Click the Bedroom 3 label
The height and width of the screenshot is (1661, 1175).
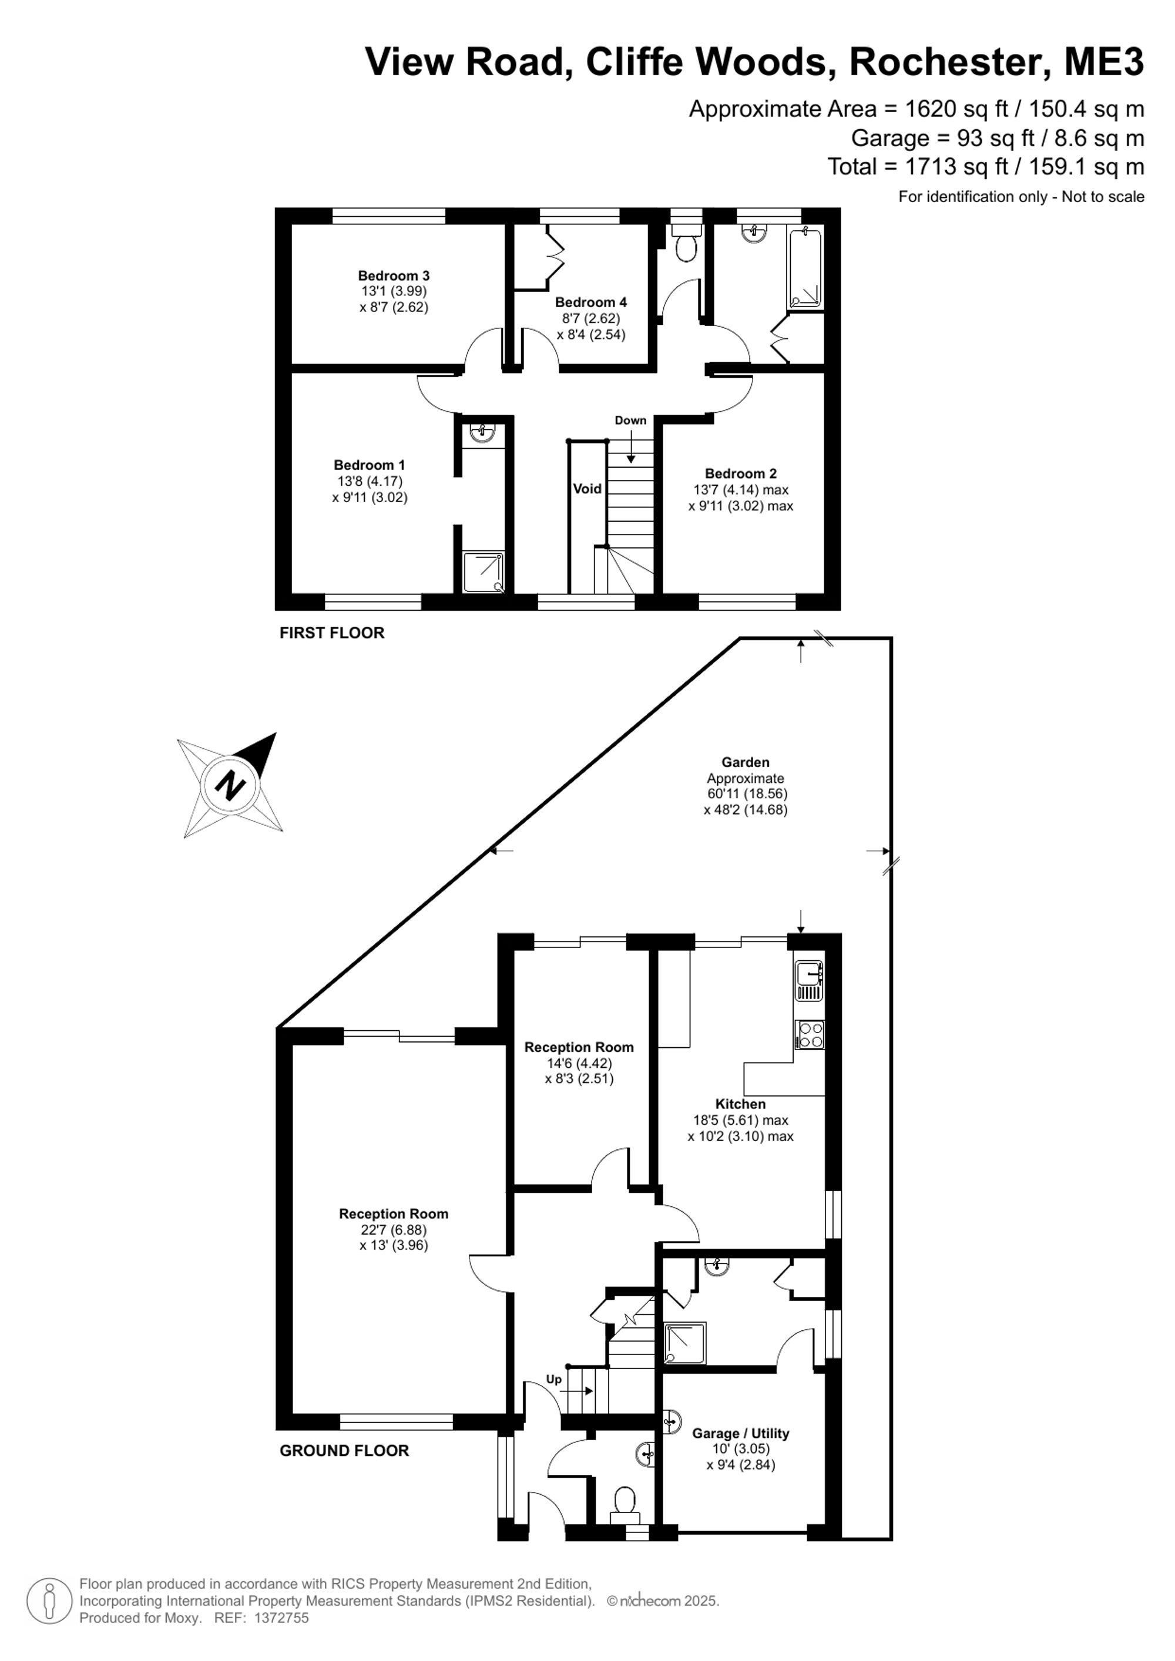[x=394, y=275]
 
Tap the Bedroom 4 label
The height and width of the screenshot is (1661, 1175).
[x=590, y=302]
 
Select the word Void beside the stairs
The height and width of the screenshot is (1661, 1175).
[x=587, y=489]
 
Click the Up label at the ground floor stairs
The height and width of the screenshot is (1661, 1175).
[x=553, y=1380]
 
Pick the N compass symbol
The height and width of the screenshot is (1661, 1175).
[x=230, y=786]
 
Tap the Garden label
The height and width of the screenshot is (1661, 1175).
[x=745, y=762]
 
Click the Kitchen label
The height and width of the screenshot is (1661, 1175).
[x=740, y=1104]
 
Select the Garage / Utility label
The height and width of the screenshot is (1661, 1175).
[x=740, y=1434]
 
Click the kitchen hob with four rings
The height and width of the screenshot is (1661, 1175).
[x=810, y=1034]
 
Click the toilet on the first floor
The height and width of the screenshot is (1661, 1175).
[x=685, y=243]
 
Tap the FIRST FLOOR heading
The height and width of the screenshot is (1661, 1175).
[x=332, y=633]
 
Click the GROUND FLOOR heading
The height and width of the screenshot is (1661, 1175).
[x=344, y=1451]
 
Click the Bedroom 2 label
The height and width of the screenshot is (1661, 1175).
[x=741, y=474]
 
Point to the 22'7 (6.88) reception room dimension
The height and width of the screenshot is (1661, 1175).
[x=394, y=1230]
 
